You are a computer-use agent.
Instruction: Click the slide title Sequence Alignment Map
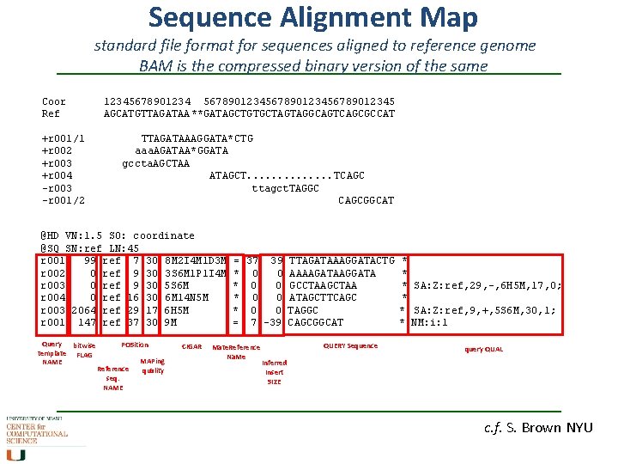point(313,17)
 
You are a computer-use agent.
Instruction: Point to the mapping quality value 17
point(151,310)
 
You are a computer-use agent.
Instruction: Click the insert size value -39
point(274,322)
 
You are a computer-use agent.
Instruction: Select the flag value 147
point(86,322)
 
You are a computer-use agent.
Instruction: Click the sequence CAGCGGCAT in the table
point(315,322)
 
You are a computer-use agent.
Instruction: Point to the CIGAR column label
point(191,346)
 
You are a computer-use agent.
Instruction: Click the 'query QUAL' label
point(484,349)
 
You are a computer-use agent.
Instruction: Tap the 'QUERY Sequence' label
point(349,345)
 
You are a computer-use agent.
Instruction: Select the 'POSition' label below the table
point(135,345)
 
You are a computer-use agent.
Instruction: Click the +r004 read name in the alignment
point(56,175)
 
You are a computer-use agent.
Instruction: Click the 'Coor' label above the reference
point(53,101)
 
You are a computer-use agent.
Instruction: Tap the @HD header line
point(118,235)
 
